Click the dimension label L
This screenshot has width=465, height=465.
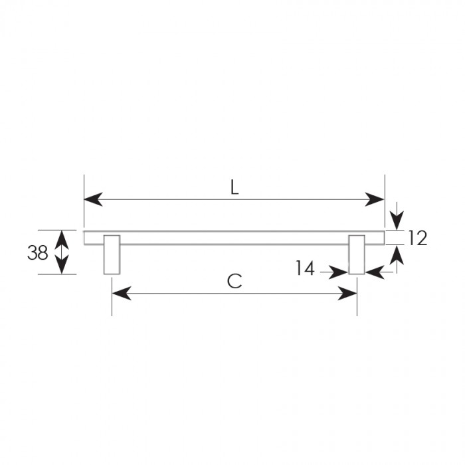pos(234,187)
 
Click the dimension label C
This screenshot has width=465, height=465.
pos(234,281)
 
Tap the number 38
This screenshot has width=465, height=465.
pos(38,253)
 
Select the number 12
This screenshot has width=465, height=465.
pos(418,238)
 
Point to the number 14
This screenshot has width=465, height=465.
pos(305,268)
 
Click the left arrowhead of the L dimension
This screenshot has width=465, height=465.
pos(94,199)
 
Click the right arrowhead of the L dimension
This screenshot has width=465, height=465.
pos(375,199)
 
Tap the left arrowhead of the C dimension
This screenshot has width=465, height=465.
pos(122,294)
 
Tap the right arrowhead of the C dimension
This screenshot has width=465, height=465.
pos(347,294)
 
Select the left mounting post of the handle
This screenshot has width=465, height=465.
pos(112,254)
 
